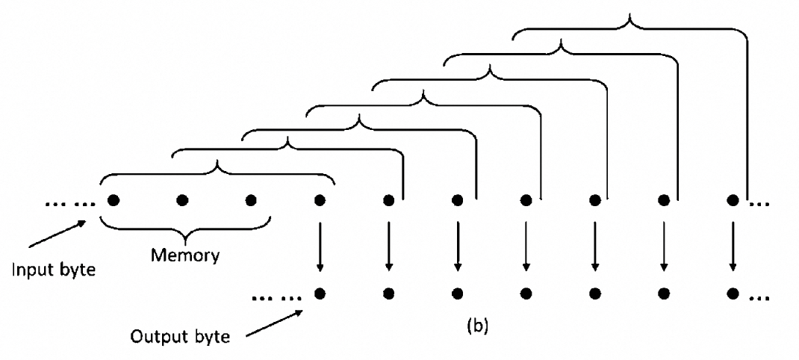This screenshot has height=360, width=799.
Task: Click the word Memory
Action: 185,255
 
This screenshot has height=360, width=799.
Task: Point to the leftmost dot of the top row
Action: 114,200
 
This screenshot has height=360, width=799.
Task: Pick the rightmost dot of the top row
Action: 733,200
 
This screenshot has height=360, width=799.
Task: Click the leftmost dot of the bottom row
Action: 320,294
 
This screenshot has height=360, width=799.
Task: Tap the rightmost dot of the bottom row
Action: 733,294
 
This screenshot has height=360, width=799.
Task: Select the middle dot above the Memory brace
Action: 182,200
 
